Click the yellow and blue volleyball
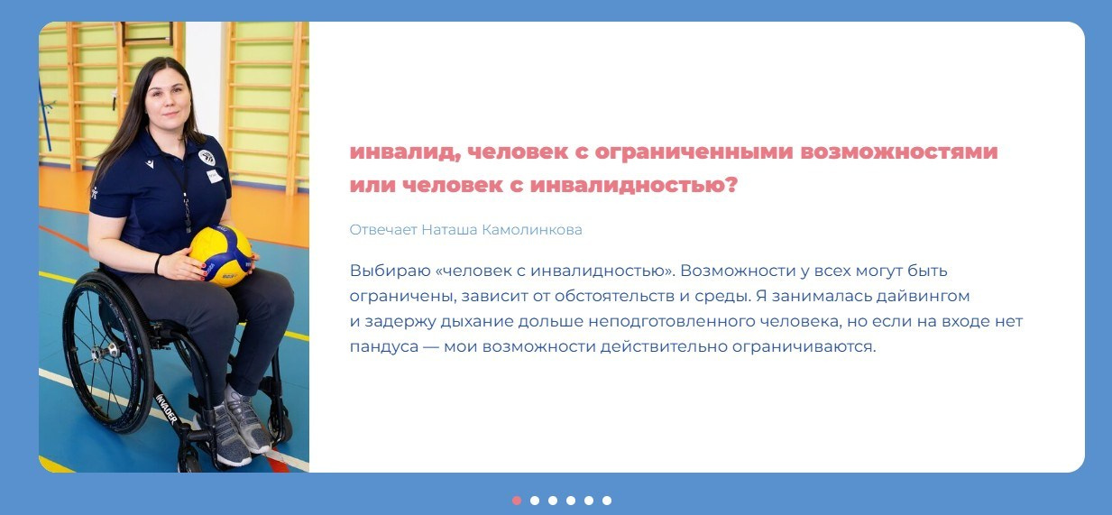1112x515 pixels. coord(220,255)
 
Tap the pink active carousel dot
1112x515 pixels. coord(517,501)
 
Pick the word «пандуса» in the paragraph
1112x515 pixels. coord(381,346)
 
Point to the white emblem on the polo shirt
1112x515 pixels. coord(207,157)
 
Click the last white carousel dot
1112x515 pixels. coord(607,501)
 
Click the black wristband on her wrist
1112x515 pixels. coord(158,264)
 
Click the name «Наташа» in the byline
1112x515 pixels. coord(449,230)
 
